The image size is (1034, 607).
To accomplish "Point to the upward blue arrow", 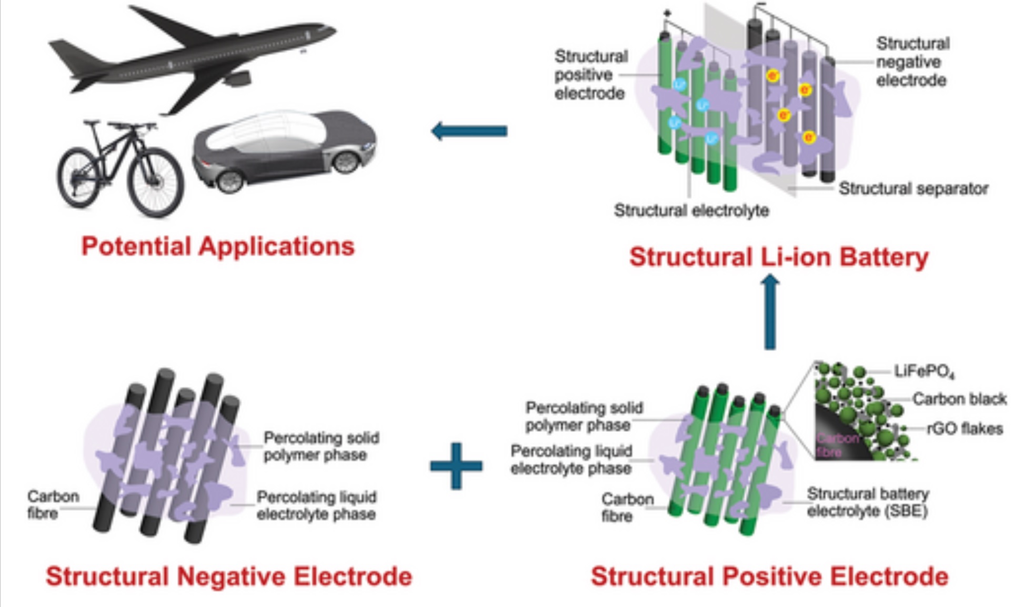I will point(770,312).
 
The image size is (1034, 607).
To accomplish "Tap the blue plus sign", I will point(456,466).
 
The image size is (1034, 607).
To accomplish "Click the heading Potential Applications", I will point(218,246).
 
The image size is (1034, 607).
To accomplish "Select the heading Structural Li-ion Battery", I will point(779,257).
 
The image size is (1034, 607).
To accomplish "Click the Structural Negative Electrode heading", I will point(229,576).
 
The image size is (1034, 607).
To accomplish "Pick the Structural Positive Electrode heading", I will point(769,576).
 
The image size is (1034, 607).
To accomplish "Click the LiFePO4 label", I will point(924,372).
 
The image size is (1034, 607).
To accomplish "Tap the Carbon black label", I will point(959,399).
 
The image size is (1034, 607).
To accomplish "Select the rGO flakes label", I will point(965,429).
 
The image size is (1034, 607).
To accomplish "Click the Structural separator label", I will point(913,189).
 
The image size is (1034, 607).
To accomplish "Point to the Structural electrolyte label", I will point(691,211).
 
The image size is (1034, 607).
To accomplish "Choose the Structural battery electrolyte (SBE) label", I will point(868,502).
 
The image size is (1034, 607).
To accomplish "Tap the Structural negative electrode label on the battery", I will point(912,62).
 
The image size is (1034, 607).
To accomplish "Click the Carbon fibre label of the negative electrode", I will point(53,504).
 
